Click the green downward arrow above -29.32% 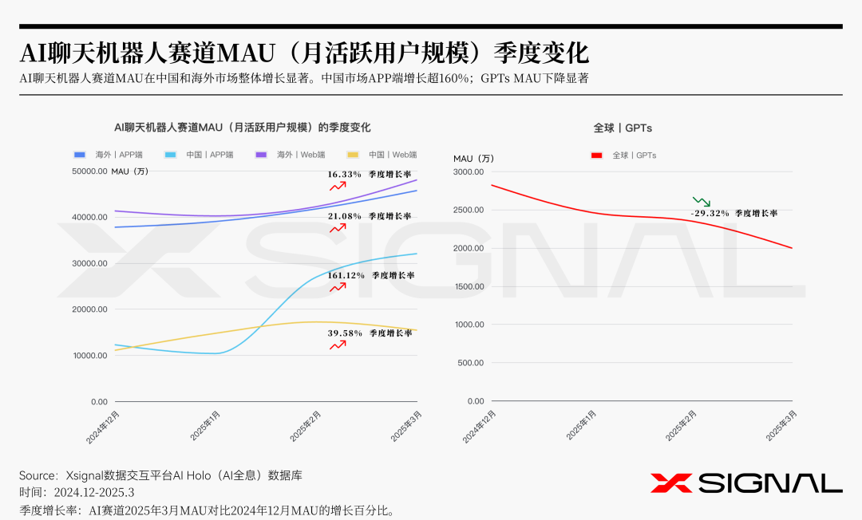click(x=702, y=201)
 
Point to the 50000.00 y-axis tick click(x=89, y=171)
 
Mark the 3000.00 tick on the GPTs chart click(x=469, y=171)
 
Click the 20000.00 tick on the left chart click(x=89, y=309)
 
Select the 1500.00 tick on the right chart click(x=469, y=286)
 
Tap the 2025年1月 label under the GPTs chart click(x=582, y=426)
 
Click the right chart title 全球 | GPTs click(x=623, y=128)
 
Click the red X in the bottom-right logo click(x=671, y=483)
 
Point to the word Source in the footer click(x=38, y=475)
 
